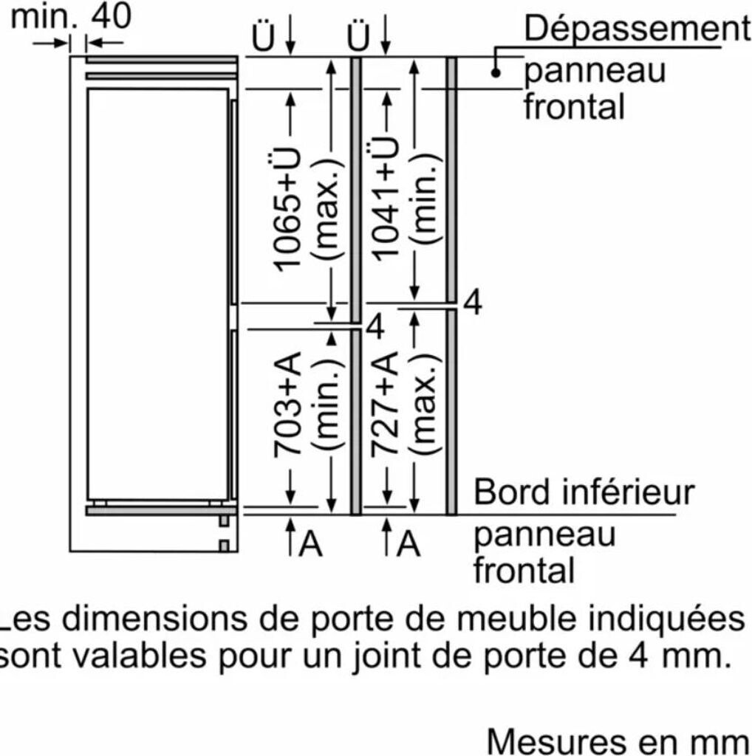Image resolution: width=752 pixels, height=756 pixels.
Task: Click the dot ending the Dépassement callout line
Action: (x=496, y=72)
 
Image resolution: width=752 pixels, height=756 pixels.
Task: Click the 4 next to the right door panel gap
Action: (x=473, y=303)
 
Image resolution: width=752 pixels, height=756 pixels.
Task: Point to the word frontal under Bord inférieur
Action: (x=524, y=570)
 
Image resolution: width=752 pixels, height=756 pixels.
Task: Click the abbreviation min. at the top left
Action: (x=44, y=16)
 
